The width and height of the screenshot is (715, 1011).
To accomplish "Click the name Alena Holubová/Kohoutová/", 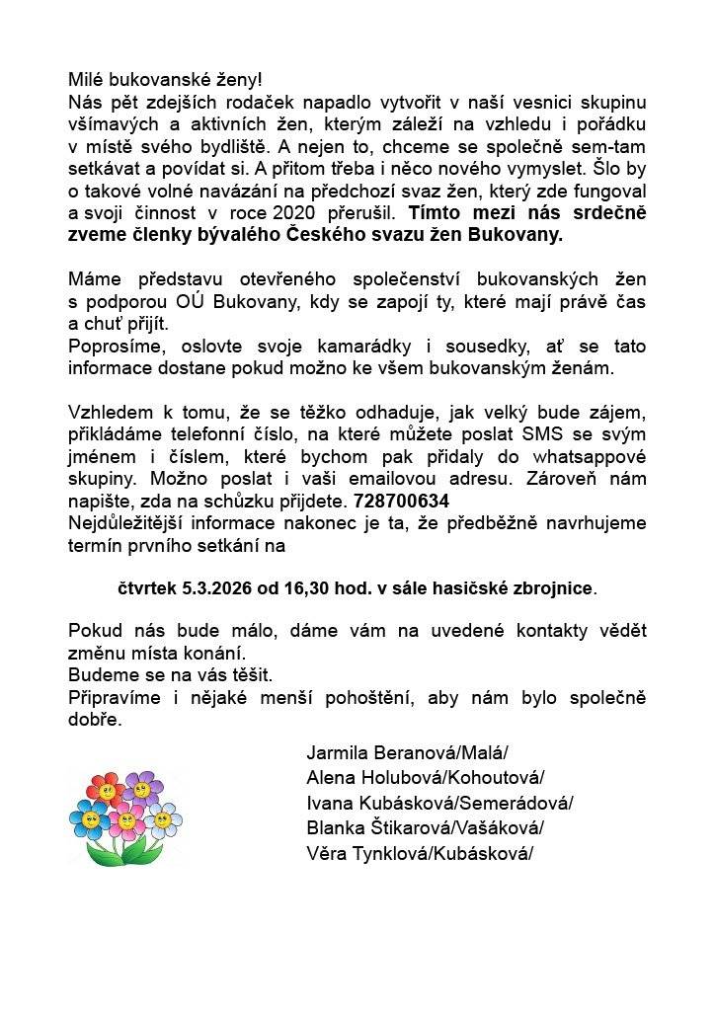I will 425,777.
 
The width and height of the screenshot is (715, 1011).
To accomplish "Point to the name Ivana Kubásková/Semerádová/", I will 439,803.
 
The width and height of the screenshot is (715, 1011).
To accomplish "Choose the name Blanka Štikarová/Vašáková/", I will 425,827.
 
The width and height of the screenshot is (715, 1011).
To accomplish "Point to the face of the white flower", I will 162,817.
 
